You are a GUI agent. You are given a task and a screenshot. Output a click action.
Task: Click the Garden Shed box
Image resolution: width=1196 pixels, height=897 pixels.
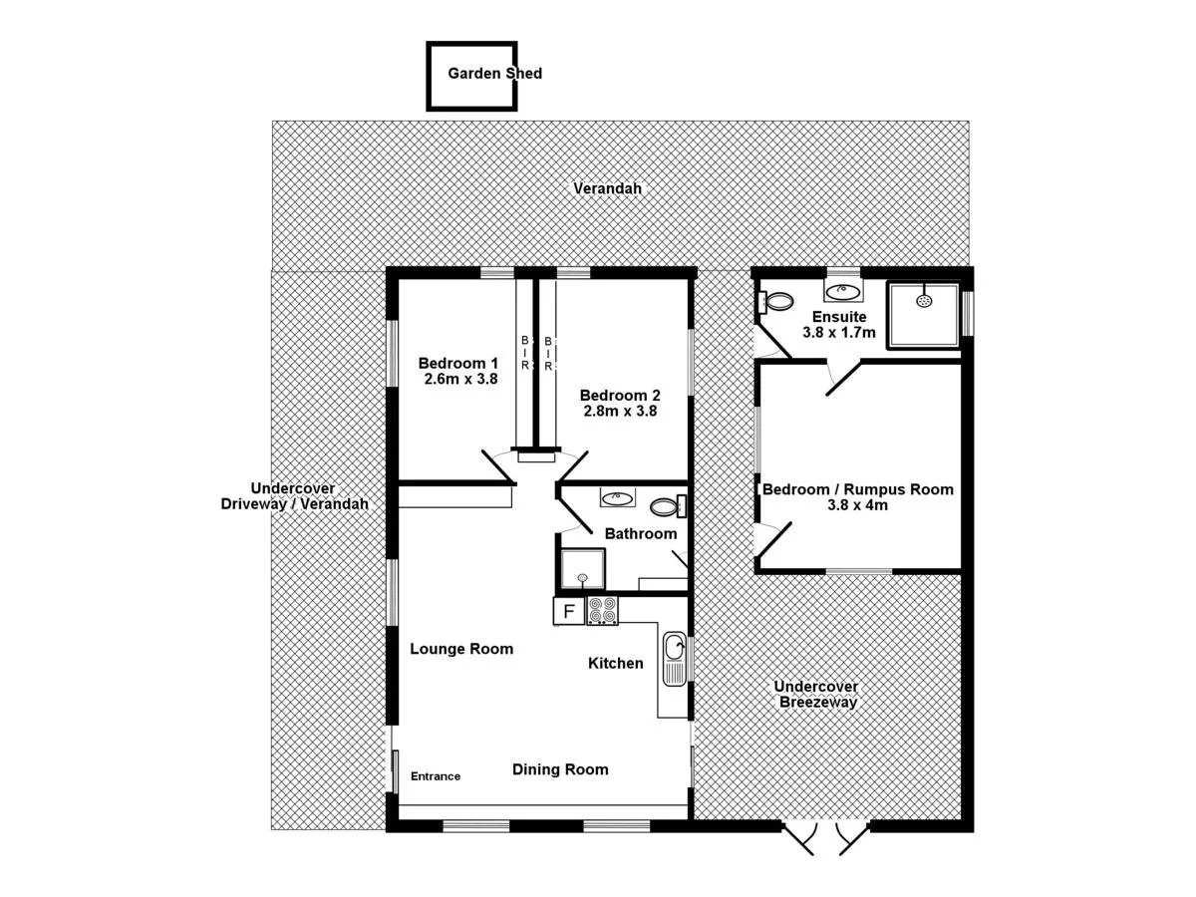point(471,75)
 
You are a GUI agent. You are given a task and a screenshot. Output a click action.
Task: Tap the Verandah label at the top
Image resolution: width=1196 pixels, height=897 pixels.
point(607,188)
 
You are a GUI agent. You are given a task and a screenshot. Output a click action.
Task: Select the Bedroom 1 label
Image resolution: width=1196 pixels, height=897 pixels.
point(457,363)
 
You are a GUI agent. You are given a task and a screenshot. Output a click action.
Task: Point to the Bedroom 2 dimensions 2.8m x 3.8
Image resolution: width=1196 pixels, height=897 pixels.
point(619,410)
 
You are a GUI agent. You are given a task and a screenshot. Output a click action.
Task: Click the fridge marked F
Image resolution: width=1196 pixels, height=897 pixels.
point(569,611)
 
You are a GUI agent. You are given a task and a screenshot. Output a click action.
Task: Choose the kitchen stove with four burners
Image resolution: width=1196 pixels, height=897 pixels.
point(602,610)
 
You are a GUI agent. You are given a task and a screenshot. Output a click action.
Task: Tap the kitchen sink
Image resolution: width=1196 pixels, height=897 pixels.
point(674,660)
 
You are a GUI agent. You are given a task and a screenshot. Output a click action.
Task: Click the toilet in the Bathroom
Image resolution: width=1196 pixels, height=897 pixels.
point(671,505)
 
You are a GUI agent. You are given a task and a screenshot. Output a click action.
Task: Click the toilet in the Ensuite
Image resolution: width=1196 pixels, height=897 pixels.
point(775,299)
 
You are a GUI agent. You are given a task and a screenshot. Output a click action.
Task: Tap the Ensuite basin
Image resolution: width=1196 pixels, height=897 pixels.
point(843,291)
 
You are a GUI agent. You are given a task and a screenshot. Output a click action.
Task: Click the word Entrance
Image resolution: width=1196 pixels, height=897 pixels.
point(436,776)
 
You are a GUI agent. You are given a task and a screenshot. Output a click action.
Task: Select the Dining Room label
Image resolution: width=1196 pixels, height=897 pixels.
point(560,769)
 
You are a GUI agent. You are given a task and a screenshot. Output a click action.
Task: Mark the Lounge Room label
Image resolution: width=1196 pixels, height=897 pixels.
point(461,649)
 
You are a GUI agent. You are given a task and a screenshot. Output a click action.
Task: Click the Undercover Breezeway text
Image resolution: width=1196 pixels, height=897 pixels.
point(816,695)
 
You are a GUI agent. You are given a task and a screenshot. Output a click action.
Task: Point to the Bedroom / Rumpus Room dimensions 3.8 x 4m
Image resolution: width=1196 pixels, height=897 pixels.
point(857,505)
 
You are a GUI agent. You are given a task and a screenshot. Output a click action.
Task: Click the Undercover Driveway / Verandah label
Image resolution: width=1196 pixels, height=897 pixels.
point(294,496)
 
